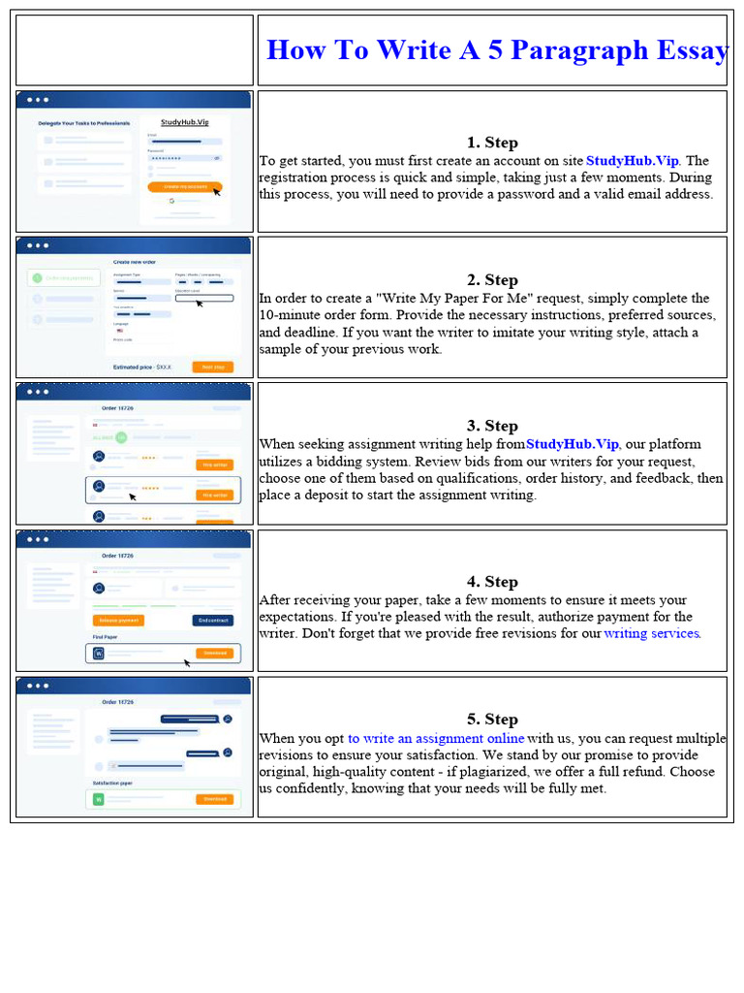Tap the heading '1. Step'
[x=492, y=143]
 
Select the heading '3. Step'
[x=492, y=426]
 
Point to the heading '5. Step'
[x=492, y=719]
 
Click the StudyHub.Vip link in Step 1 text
[x=633, y=161]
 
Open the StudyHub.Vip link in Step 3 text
[x=572, y=444]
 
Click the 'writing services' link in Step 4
[x=651, y=633]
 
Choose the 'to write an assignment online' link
[x=436, y=738]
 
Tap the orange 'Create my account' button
[x=184, y=185]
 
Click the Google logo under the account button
[x=170, y=201]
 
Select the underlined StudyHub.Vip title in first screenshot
[x=184, y=123]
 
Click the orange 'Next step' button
[x=212, y=367]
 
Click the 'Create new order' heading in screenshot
[x=136, y=262]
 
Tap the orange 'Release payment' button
[x=118, y=621]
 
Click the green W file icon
[x=98, y=799]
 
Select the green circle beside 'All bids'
[x=121, y=437]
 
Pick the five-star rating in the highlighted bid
[x=150, y=488]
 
